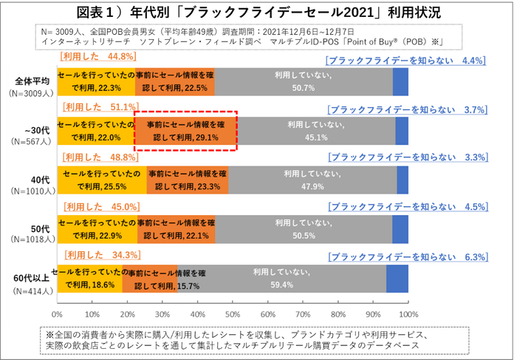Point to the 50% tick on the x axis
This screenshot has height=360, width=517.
(x=233, y=313)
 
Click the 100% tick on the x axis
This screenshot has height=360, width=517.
(x=408, y=313)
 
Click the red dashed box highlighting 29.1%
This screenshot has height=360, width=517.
(x=185, y=131)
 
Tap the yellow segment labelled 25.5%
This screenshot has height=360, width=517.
(x=102, y=180)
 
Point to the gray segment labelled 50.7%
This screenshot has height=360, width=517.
(x=304, y=81)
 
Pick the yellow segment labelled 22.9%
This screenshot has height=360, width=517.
(x=96, y=229)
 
